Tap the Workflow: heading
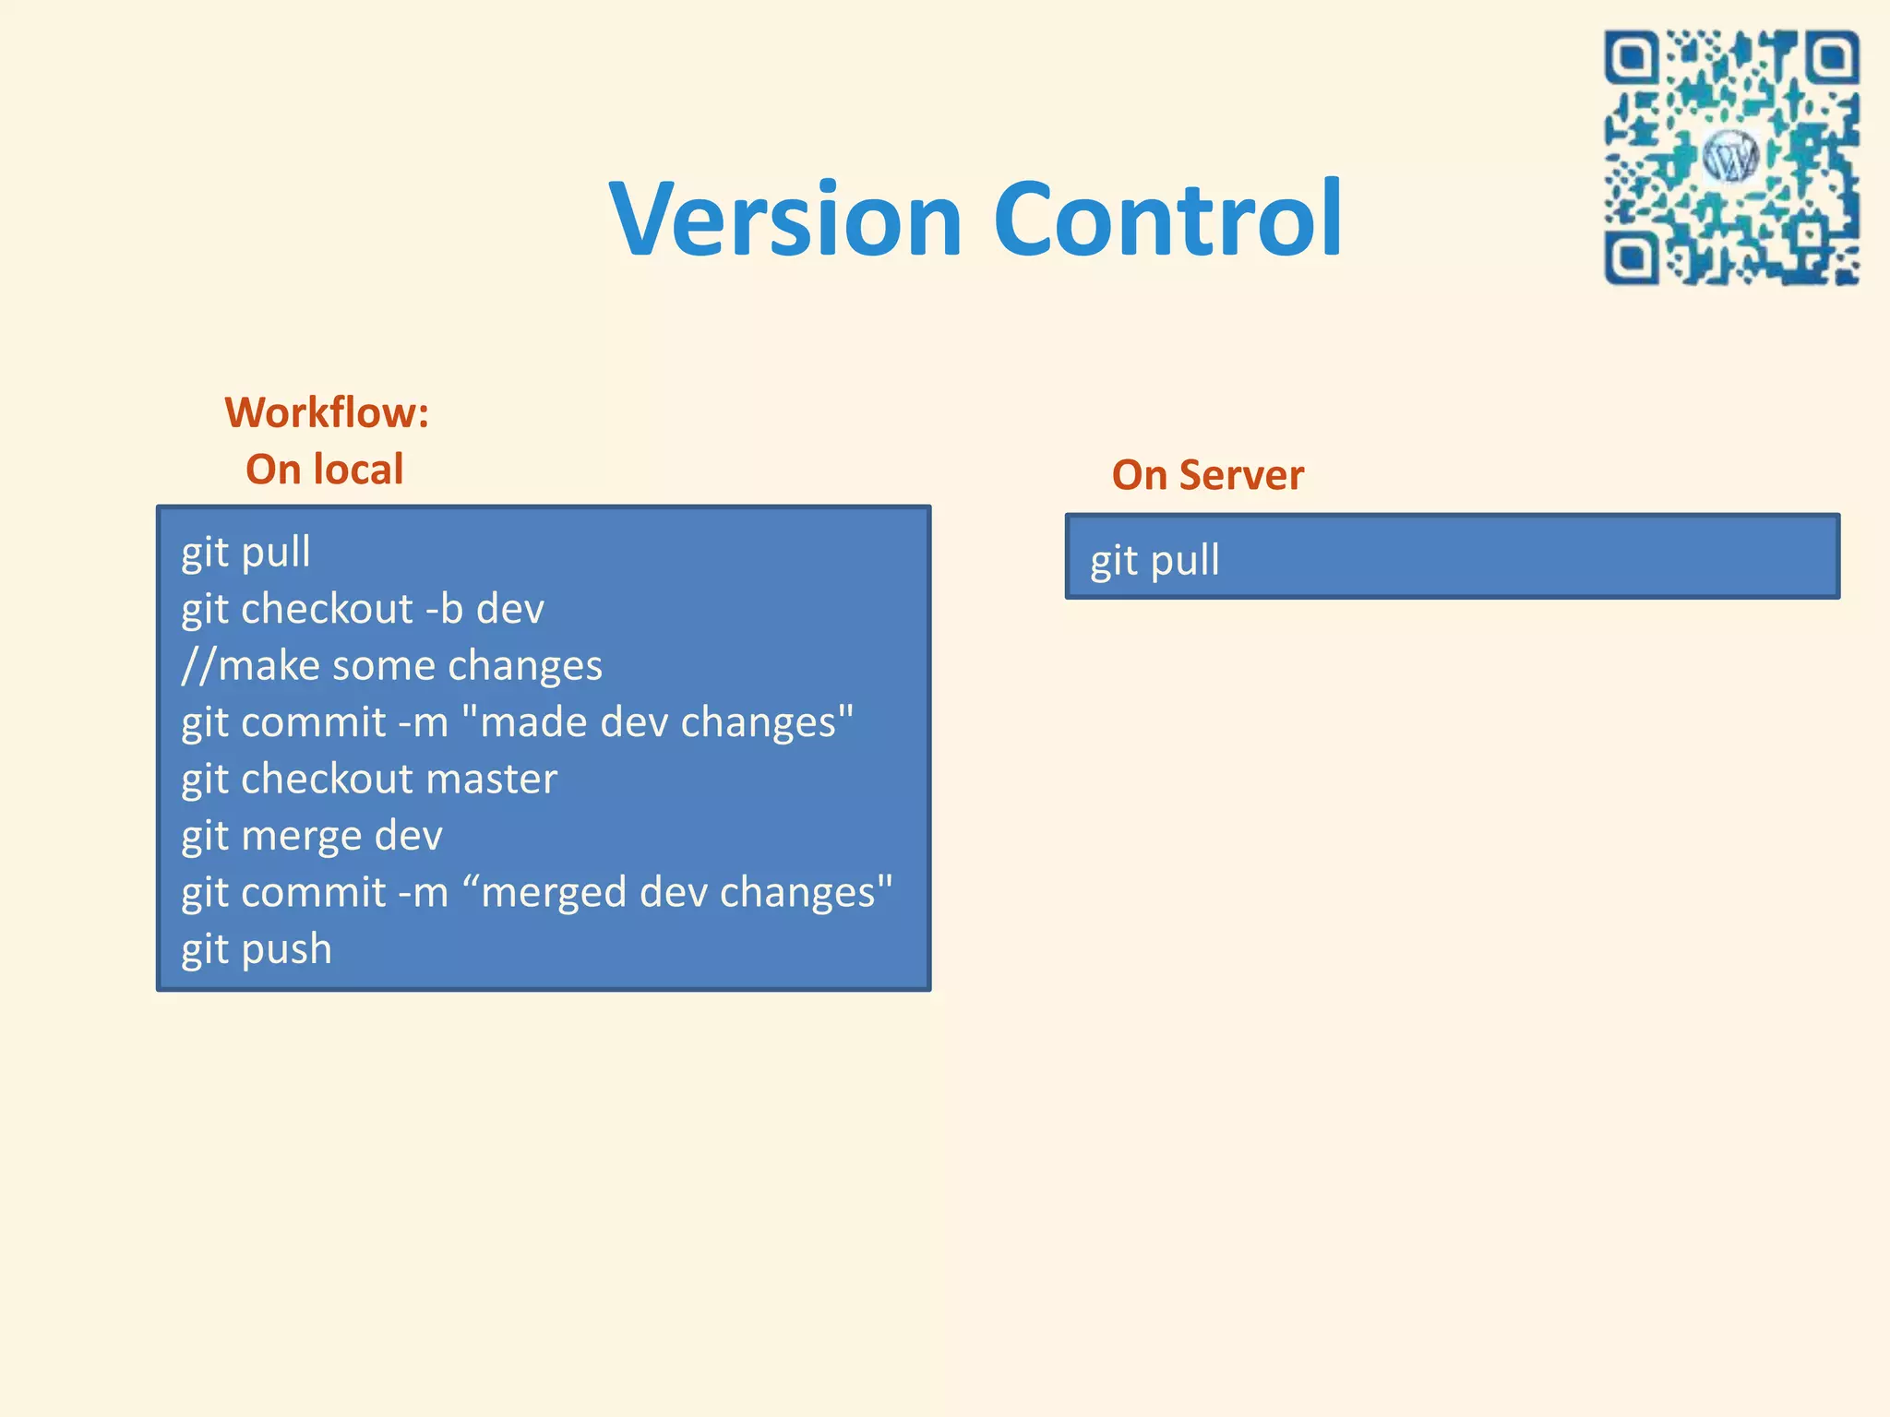tap(327, 412)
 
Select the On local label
tap(325, 470)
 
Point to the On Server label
tap(1207, 475)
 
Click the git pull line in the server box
tap(1154, 561)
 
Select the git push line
tap(257, 949)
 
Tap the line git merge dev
tap(312, 836)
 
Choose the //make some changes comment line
tap(391, 666)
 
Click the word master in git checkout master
tap(492, 780)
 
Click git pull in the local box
tap(245, 553)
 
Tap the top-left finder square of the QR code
tap(1633, 58)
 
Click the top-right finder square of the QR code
tap(1831, 58)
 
